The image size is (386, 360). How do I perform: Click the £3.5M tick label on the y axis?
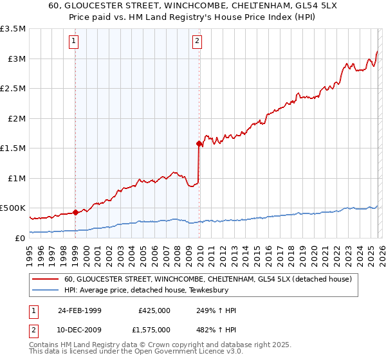(x=13, y=29)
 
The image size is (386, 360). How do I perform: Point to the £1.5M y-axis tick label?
(x=13, y=148)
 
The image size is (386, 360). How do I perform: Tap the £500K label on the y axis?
(x=13, y=208)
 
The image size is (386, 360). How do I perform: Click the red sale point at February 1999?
(x=76, y=212)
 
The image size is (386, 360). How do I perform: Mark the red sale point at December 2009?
(x=198, y=144)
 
